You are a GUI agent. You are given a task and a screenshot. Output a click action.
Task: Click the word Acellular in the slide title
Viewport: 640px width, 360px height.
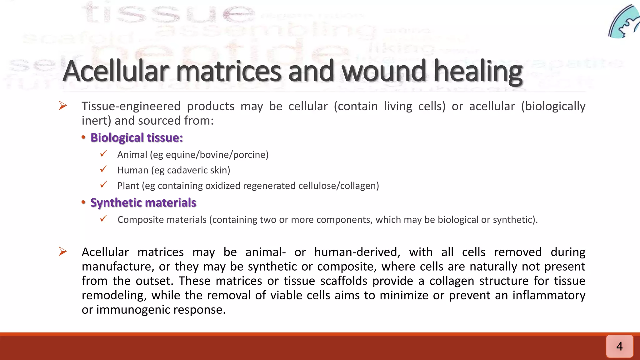tap(116, 71)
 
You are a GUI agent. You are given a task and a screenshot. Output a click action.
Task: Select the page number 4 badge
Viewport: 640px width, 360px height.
tap(619, 346)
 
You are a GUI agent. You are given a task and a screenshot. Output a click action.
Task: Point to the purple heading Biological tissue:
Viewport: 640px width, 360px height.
tap(137, 138)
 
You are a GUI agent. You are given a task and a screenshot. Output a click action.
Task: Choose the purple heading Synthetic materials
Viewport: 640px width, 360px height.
tap(143, 203)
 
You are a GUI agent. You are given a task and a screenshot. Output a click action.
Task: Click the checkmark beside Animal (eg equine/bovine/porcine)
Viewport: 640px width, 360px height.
tap(103, 154)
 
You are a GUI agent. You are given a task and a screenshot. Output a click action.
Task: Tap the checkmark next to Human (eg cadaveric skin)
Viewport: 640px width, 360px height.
tap(103, 169)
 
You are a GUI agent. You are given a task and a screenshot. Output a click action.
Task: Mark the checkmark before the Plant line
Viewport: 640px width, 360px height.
tap(103, 185)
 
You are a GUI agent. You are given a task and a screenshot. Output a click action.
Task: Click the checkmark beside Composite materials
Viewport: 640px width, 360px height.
tap(103, 219)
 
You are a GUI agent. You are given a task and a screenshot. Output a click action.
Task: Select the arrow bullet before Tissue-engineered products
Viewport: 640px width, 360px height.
tap(63, 106)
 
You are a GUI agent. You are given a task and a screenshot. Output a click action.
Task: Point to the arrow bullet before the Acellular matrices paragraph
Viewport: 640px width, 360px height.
tap(63, 252)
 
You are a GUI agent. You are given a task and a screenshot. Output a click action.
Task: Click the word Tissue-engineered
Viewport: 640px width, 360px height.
tap(131, 106)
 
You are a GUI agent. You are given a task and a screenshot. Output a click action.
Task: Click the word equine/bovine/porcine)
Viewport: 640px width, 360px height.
tap(217, 155)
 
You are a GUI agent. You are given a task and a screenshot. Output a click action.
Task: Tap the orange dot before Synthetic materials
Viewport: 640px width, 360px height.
tap(83, 202)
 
